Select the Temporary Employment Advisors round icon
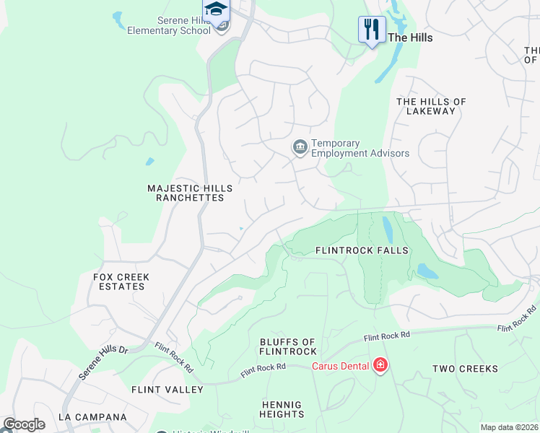300,147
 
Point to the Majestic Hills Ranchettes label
186,193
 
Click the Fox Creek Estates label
121,281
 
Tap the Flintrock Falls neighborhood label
362,250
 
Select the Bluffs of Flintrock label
288,346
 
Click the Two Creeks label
465,369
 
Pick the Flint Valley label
167,390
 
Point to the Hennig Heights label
282,409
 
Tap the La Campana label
92,417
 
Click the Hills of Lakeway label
431,106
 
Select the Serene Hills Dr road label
103,361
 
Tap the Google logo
23,424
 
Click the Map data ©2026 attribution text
508,427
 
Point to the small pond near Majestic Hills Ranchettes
149,162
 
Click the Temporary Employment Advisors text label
360,149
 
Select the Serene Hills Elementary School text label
169,26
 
